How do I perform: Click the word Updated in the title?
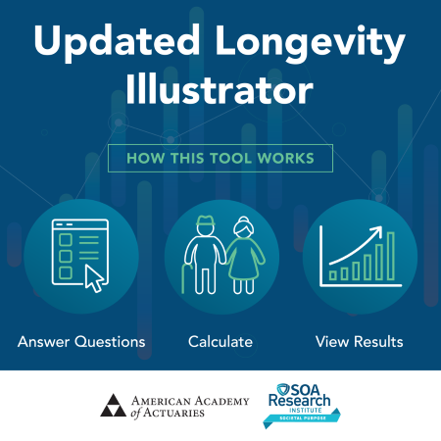117,41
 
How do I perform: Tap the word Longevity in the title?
311,41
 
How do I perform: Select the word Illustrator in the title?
220,88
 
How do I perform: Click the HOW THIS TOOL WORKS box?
220,158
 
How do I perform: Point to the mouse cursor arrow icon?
94,278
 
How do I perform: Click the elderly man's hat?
205,220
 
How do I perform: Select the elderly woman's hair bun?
243,219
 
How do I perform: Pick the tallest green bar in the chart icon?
391,256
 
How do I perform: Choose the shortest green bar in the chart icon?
333,275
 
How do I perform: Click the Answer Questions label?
81,342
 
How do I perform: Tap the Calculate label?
220,342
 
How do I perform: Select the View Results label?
360,342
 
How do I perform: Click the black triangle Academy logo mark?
113,405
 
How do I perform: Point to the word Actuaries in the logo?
173,413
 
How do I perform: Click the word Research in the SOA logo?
300,400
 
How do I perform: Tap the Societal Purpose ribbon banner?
302,418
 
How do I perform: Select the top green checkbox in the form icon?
66,240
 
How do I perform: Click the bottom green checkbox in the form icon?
66,272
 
